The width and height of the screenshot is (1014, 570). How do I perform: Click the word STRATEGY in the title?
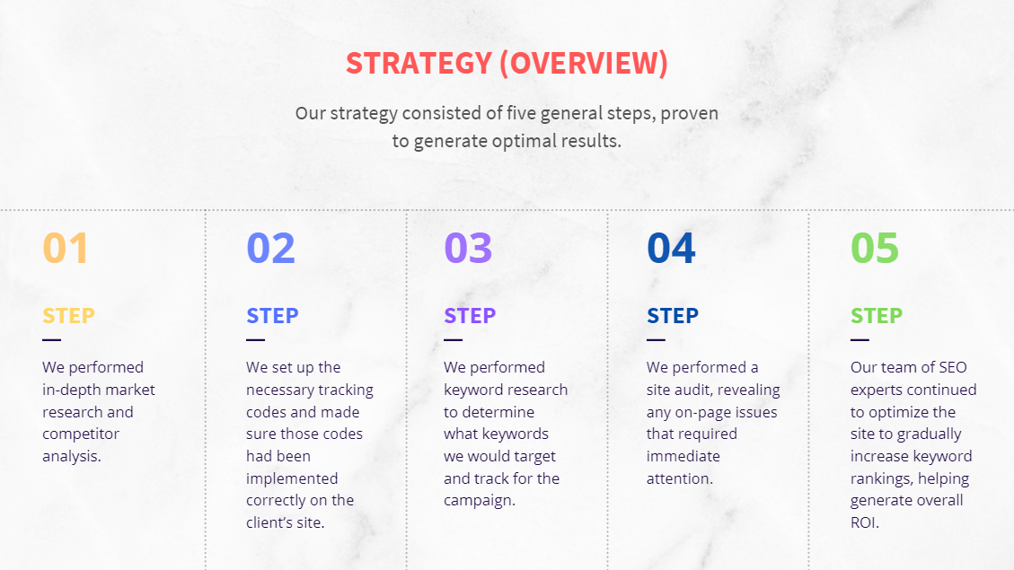[419, 64]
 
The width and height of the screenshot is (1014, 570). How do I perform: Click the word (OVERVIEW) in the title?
[584, 64]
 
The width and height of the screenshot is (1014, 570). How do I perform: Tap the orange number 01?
[66, 248]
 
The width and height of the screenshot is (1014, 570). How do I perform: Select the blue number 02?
[270, 248]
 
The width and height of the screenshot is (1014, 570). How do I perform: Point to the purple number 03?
[468, 248]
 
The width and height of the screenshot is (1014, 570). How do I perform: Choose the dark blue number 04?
[671, 248]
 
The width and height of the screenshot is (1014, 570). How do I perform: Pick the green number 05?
[875, 248]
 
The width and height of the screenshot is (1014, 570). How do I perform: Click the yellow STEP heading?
[68, 315]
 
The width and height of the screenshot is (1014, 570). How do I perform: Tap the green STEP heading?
[877, 315]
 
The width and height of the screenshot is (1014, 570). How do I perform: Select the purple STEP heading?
[470, 315]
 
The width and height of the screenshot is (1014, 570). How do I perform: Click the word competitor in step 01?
[81, 434]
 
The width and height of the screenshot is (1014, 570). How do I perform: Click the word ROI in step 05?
[863, 522]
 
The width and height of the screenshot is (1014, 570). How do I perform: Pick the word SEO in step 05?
[953, 367]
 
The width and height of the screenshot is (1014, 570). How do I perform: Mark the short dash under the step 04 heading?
[656, 339]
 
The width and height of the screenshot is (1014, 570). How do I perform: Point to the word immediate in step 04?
[683, 456]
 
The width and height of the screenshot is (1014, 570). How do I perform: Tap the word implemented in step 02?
[292, 478]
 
